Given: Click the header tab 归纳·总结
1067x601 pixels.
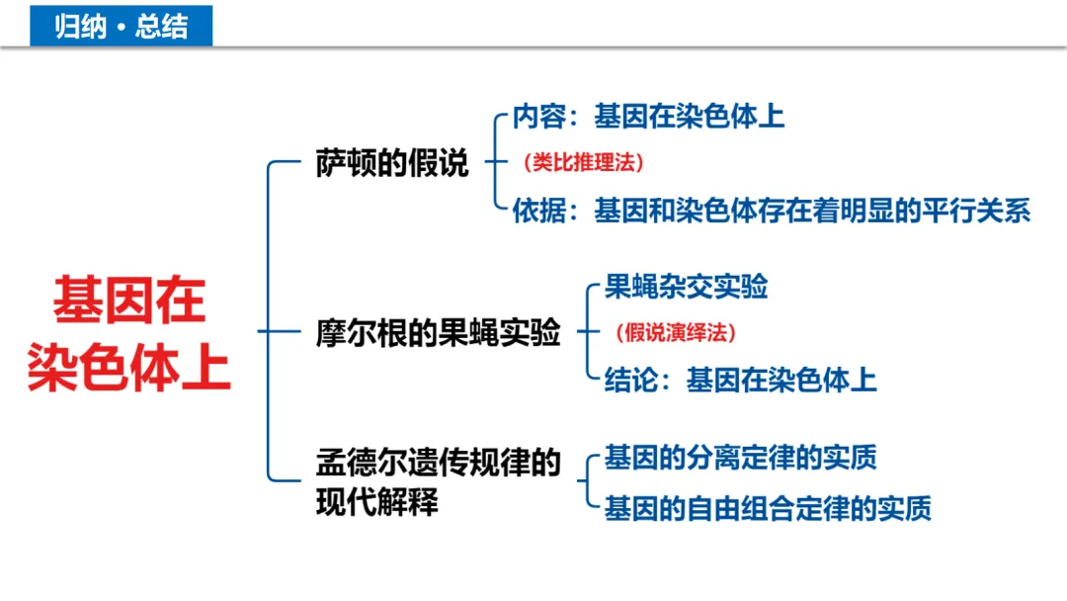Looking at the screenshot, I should [121, 26].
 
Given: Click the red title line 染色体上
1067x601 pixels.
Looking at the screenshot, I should [129, 367].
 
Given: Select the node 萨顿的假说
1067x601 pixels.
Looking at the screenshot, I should [392, 164].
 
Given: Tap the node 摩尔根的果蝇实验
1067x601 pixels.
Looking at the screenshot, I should [438, 332].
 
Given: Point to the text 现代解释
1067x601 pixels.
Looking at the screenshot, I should [376, 503].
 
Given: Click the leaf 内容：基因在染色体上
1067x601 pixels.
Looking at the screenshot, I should [649, 117].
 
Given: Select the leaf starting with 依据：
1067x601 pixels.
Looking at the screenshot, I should [772, 211].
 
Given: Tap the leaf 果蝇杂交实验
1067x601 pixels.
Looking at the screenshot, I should [686, 288].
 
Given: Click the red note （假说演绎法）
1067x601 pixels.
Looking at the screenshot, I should [676, 333].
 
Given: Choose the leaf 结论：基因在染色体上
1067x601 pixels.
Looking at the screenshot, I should [740, 380].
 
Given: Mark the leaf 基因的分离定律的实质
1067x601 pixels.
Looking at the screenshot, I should [740, 458].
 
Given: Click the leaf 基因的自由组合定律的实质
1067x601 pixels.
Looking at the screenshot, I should [768, 508].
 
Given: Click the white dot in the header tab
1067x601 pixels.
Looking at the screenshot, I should [121, 27].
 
